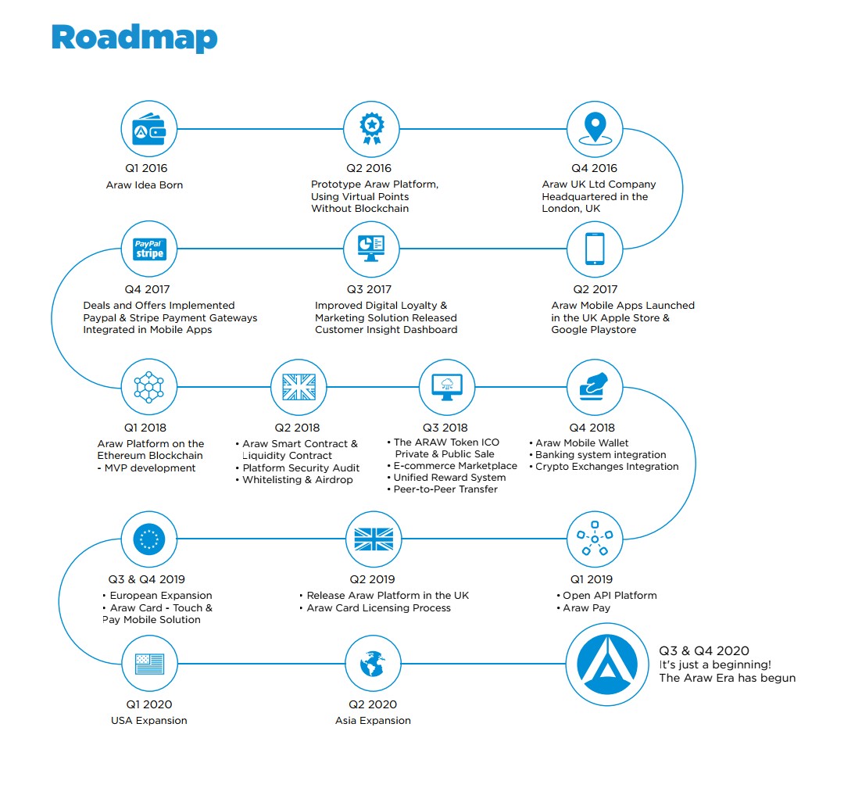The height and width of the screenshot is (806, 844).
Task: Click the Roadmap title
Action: pos(134,38)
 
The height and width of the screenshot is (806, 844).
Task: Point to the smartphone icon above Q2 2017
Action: pos(595,249)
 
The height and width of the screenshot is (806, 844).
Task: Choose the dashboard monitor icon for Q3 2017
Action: pos(370,249)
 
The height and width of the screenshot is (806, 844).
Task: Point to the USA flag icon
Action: pos(149,664)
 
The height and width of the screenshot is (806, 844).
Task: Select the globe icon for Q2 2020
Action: pos(372,664)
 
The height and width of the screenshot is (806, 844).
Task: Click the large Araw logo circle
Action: pos(606,664)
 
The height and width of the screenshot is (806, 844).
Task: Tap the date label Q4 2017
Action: pos(148,289)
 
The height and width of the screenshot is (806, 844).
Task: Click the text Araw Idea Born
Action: pos(145,185)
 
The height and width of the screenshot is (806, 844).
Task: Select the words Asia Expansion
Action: pos(373,721)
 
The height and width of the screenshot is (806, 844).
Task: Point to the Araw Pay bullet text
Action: pos(587,608)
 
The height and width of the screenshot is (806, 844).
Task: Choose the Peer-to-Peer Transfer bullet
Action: pos(445,489)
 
